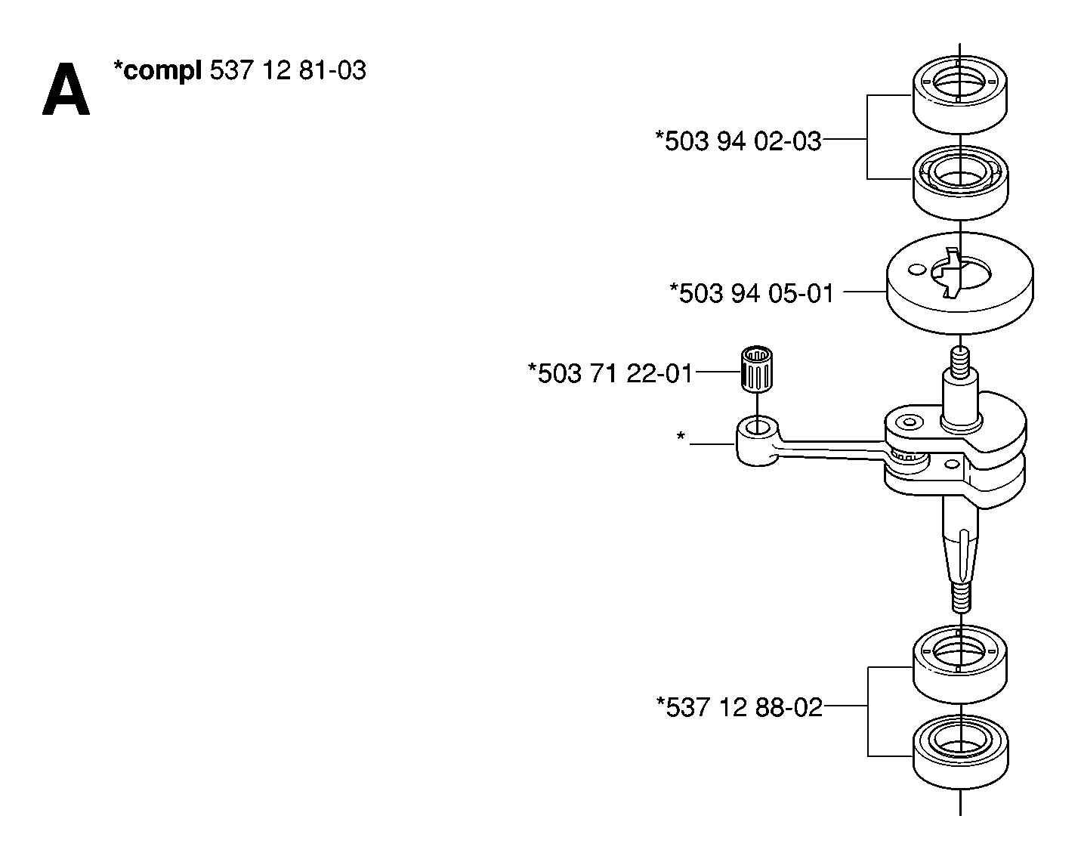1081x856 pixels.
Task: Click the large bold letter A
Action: pos(66,89)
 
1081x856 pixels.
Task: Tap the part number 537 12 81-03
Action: pos(288,70)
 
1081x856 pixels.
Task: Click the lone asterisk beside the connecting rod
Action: pos(681,436)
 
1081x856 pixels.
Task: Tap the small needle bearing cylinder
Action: pos(757,375)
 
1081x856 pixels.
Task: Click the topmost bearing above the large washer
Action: pos(960,94)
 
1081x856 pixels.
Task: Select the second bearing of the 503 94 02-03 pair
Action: pos(960,183)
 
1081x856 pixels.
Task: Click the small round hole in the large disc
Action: pos(917,270)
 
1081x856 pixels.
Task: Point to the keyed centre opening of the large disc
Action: pos(961,273)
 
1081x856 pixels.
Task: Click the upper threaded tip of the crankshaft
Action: pos(960,364)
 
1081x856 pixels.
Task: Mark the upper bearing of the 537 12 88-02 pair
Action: pos(960,664)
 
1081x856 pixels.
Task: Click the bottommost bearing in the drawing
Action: pos(960,752)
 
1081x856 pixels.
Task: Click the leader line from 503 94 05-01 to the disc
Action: pos(864,292)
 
